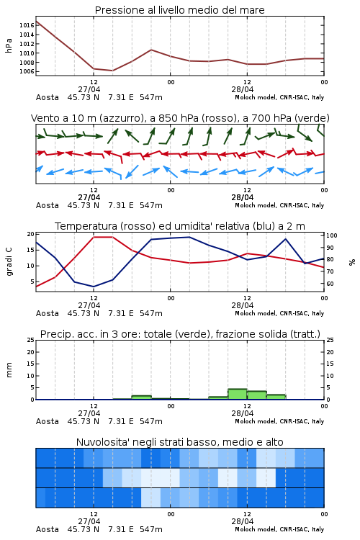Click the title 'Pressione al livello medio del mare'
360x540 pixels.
[x=179, y=10]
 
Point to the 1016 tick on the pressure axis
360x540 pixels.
[x=27, y=25]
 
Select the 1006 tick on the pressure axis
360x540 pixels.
[x=27, y=71]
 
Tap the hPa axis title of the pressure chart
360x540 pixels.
[x=9, y=45]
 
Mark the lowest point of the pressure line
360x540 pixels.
[x=112, y=71]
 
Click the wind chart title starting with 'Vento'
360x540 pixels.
[x=180, y=118]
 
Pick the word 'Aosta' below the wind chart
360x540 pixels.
[x=48, y=205]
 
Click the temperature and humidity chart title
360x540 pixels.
[x=180, y=226]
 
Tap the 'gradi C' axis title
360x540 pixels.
[x=9, y=262]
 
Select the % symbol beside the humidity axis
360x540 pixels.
[x=352, y=262]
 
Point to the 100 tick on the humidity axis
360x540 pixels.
[x=331, y=235]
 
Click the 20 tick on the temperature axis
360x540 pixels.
[x=31, y=234]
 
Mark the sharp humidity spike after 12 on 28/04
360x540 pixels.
[x=285, y=238]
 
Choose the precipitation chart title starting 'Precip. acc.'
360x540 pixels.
[x=180, y=334]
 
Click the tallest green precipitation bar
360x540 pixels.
[x=238, y=394]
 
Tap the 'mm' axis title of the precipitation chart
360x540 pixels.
[x=9, y=370]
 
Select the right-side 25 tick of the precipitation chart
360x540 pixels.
[x=330, y=340]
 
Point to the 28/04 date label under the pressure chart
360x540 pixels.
[x=243, y=89]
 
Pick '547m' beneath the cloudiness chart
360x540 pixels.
[x=151, y=529]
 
